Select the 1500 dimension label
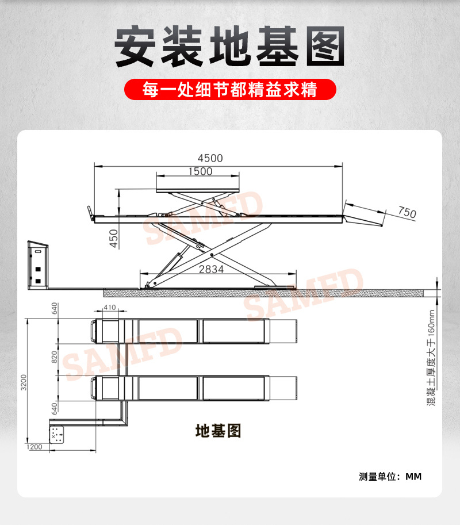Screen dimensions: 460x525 tap(200, 171)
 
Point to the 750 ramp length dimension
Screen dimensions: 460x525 tap(407, 212)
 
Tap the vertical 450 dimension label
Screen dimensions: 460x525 tap(113, 238)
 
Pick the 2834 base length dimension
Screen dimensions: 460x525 tap(212, 269)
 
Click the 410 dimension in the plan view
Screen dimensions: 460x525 tap(110, 308)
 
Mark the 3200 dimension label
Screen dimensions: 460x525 tap(24, 381)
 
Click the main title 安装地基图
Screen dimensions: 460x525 tap(230, 46)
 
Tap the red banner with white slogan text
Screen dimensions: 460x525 tap(230, 90)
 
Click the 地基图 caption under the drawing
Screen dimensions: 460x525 tap(218, 430)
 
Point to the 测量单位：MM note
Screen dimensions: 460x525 tap(390, 476)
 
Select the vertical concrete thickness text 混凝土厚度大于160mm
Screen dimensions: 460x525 tap(432, 357)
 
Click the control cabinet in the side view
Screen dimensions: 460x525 tap(39, 265)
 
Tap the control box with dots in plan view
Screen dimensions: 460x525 tap(57, 435)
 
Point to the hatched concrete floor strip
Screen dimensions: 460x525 tap(264, 293)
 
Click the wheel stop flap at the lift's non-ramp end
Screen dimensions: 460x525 tap(90, 212)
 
